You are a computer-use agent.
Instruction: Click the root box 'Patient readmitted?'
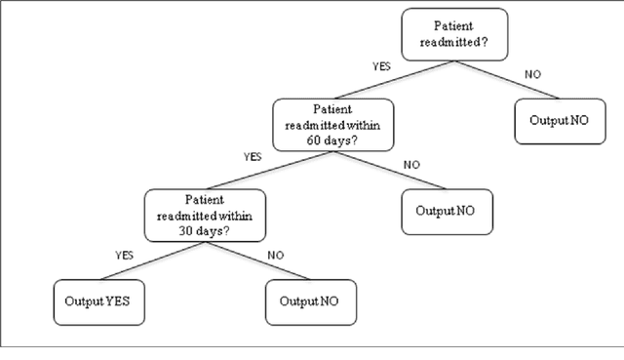coord(455,34)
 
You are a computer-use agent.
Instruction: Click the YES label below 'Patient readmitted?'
coord(383,67)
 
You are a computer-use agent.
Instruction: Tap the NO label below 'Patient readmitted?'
coord(533,73)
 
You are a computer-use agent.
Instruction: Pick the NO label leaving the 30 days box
coord(276,256)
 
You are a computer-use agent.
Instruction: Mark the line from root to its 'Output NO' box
coord(506,78)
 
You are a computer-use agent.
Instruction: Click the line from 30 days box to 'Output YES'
coord(146,261)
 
